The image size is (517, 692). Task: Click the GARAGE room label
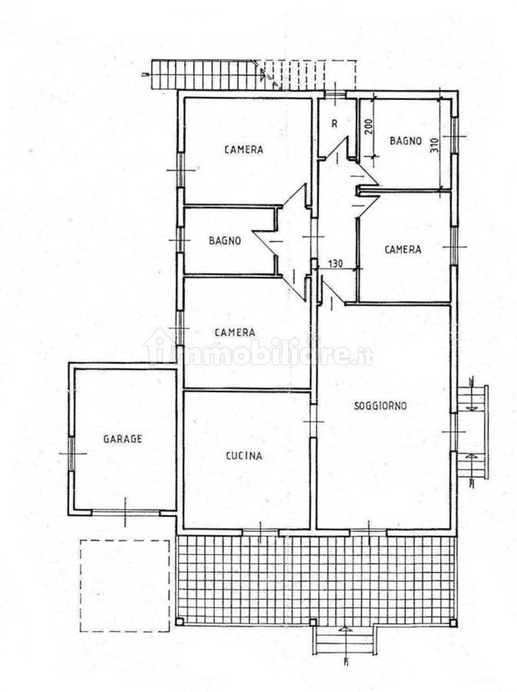pyautogui.click(x=123, y=439)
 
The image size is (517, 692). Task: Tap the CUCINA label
pyautogui.click(x=244, y=455)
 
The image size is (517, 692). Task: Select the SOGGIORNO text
pyautogui.click(x=380, y=405)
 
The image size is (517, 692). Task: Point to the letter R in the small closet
pyautogui.click(x=334, y=124)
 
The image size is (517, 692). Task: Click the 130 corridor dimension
pyautogui.click(x=336, y=264)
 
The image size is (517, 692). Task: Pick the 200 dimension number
pyautogui.click(x=369, y=127)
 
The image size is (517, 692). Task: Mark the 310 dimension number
pyautogui.click(x=435, y=145)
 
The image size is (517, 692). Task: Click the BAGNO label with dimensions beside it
pyautogui.click(x=406, y=141)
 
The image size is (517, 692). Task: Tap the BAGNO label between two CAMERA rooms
pyautogui.click(x=225, y=241)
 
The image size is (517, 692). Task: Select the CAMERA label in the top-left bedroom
pyautogui.click(x=244, y=150)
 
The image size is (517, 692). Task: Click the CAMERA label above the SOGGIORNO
pyautogui.click(x=403, y=249)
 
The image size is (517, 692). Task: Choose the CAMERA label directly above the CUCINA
pyautogui.click(x=235, y=332)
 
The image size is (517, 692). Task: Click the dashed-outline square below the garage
pyautogui.click(x=124, y=586)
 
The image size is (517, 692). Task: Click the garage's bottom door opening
pyautogui.click(x=125, y=512)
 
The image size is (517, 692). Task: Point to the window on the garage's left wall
pyautogui.click(x=71, y=453)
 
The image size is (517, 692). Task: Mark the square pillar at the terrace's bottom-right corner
pyautogui.click(x=452, y=623)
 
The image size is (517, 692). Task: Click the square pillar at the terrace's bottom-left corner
pyautogui.click(x=179, y=622)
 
